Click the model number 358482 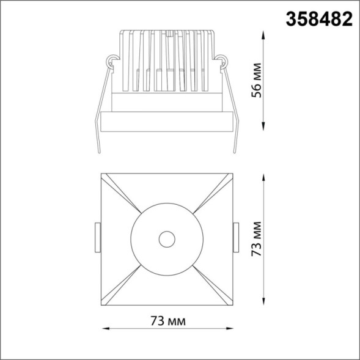coord(318,18)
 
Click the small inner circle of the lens coord(166,239)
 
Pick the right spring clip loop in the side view coord(222,61)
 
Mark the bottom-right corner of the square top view coord(233,304)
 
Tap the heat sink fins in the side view coord(166,61)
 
